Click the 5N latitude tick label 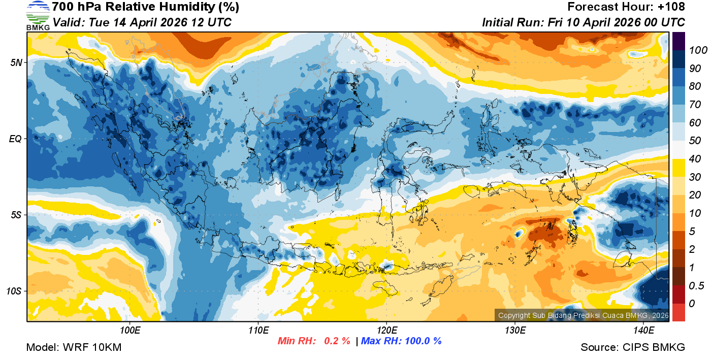[16, 62]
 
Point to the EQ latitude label [16, 139]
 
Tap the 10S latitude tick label [14, 291]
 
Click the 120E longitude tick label [386, 331]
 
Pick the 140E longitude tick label [643, 331]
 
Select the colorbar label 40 [695, 159]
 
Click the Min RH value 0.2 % [337, 341]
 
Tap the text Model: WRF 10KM [74, 348]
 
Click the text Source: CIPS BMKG [633, 348]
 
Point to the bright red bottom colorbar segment [679, 312]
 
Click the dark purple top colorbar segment [679, 41]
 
